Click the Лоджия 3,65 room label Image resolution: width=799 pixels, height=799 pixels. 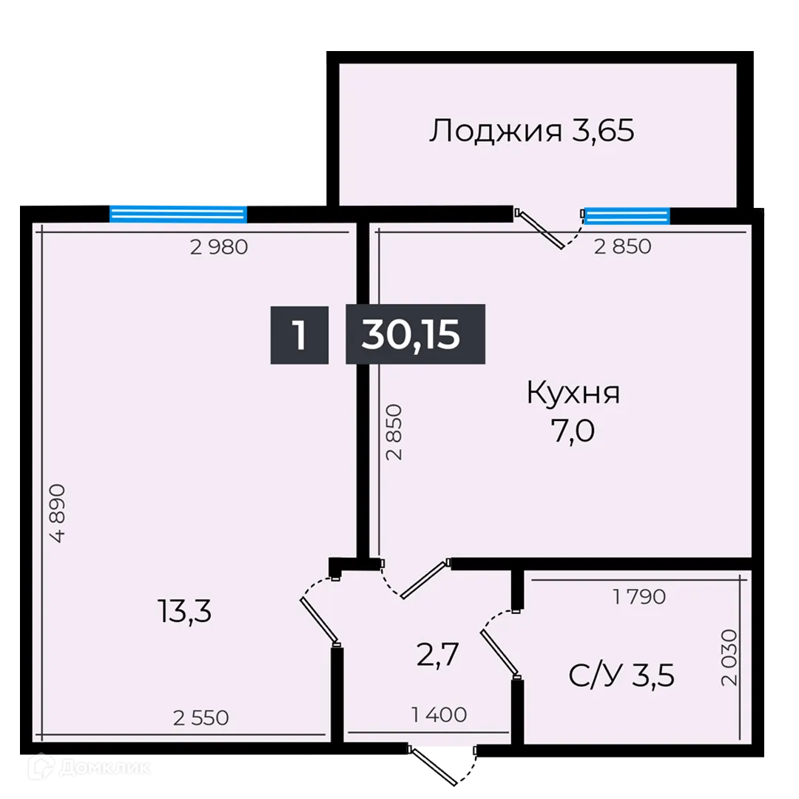pyautogui.click(x=532, y=132)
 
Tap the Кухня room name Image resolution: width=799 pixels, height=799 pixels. pyautogui.click(x=573, y=394)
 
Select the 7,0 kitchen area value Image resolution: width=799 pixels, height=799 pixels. pyautogui.click(x=571, y=430)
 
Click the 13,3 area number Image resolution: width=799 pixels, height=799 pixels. pyautogui.click(x=184, y=612)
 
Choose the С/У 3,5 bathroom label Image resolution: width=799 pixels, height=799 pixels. pyautogui.click(x=621, y=675)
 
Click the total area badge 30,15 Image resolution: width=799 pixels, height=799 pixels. pyautogui.click(x=415, y=334)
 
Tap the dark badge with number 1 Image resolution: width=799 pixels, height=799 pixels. pyautogui.click(x=299, y=334)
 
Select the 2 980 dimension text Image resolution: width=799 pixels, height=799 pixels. pyautogui.click(x=218, y=248)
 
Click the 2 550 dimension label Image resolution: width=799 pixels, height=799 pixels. pyautogui.click(x=200, y=717)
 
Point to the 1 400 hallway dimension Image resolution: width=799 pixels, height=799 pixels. pyautogui.click(x=439, y=715)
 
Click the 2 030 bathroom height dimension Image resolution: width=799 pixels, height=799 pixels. pyautogui.click(x=731, y=658)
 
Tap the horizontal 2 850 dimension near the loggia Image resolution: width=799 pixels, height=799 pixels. pyautogui.click(x=623, y=247)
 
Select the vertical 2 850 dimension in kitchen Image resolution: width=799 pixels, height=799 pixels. pyautogui.click(x=394, y=432)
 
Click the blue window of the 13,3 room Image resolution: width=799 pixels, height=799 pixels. pyautogui.click(x=178, y=213)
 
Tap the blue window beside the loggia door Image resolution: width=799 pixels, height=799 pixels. pyautogui.click(x=627, y=215)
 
